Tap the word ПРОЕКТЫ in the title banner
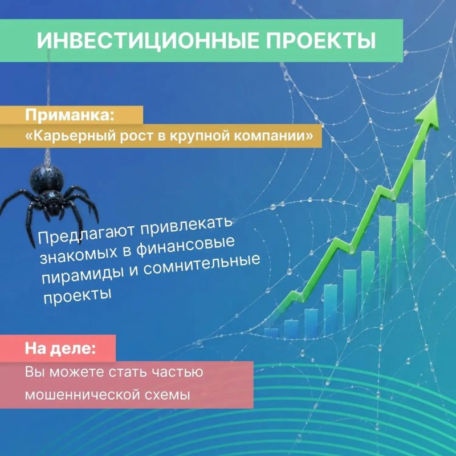(x=321, y=40)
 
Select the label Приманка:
(x=70, y=115)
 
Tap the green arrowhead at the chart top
(x=428, y=113)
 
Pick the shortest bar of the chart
(x=271, y=333)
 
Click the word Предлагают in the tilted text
(x=87, y=234)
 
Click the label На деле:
(x=60, y=348)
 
